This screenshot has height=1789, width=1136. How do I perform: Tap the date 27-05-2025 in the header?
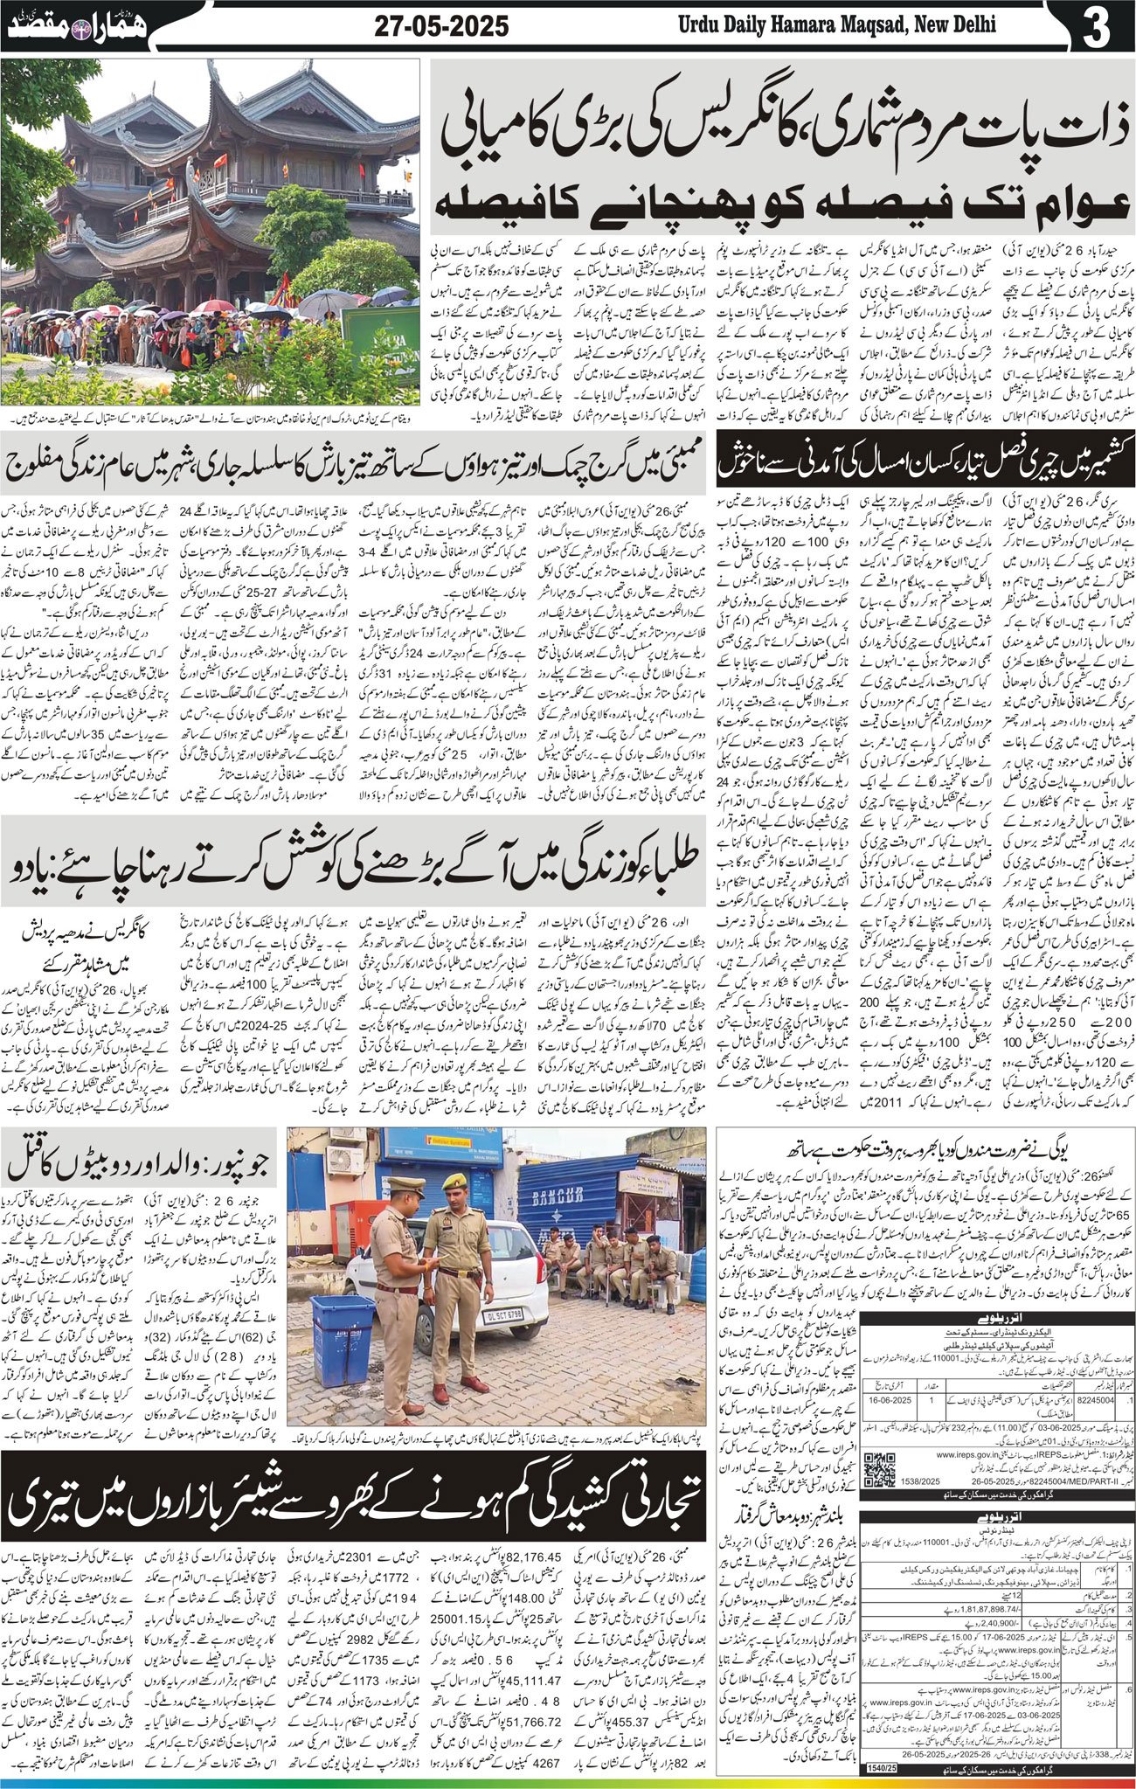pyautogui.click(x=441, y=26)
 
